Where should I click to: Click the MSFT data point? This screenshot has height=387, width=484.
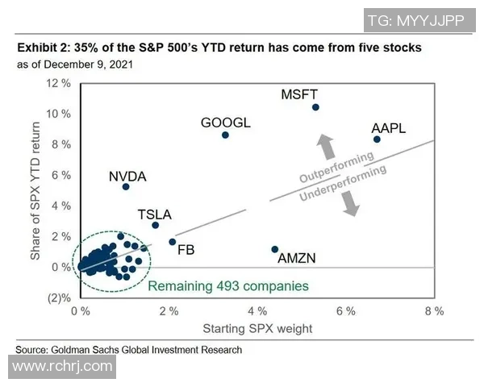[x=315, y=107]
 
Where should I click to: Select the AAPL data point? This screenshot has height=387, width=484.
[x=377, y=139]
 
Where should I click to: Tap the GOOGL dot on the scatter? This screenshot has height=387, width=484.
[x=225, y=135]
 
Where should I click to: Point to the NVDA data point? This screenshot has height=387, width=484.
[x=126, y=186]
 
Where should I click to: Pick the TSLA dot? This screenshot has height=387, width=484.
[x=155, y=225]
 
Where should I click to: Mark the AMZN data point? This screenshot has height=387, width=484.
[x=275, y=249]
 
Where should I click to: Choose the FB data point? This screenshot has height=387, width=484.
[x=172, y=242]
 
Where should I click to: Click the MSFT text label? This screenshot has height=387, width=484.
[x=300, y=94]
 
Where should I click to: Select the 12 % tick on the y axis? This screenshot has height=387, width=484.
[x=60, y=84]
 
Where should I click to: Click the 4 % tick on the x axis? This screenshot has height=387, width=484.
[x=257, y=310]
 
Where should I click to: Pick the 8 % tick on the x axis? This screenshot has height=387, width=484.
[x=434, y=310]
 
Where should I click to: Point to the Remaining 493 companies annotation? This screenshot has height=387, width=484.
[x=228, y=285]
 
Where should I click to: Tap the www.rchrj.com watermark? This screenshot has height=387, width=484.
[x=62, y=367]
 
